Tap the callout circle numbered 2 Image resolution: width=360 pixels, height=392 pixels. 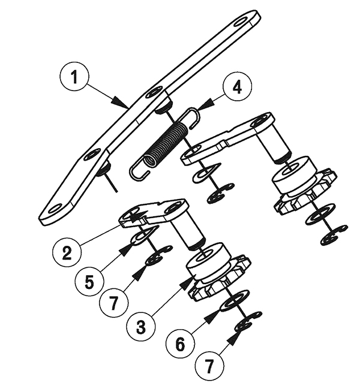pos(67,253)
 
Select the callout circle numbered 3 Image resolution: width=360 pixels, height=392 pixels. pos(141,326)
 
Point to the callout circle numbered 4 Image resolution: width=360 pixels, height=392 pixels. pos(237,87)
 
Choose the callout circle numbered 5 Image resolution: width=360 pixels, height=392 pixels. pos(89,282)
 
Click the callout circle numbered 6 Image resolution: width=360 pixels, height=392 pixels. pos(181,344)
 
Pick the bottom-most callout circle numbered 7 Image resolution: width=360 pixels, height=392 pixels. pos(209,366)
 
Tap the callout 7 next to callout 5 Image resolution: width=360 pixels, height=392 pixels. pos(114,302)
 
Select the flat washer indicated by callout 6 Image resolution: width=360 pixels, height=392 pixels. pos(234,301)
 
